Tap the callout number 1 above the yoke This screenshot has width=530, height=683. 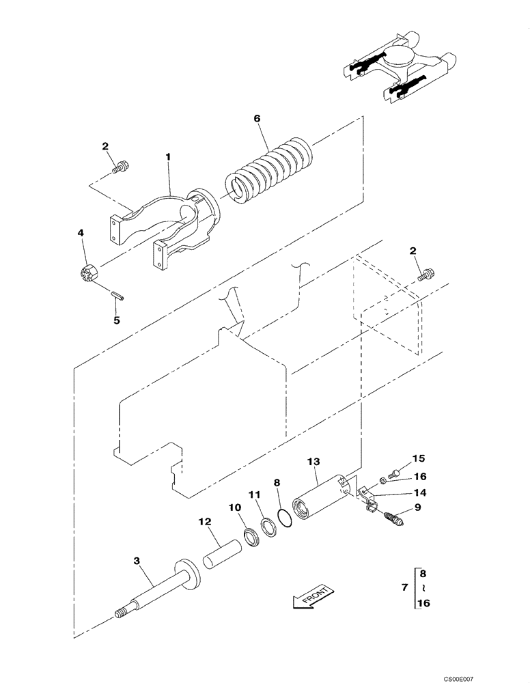168,157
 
